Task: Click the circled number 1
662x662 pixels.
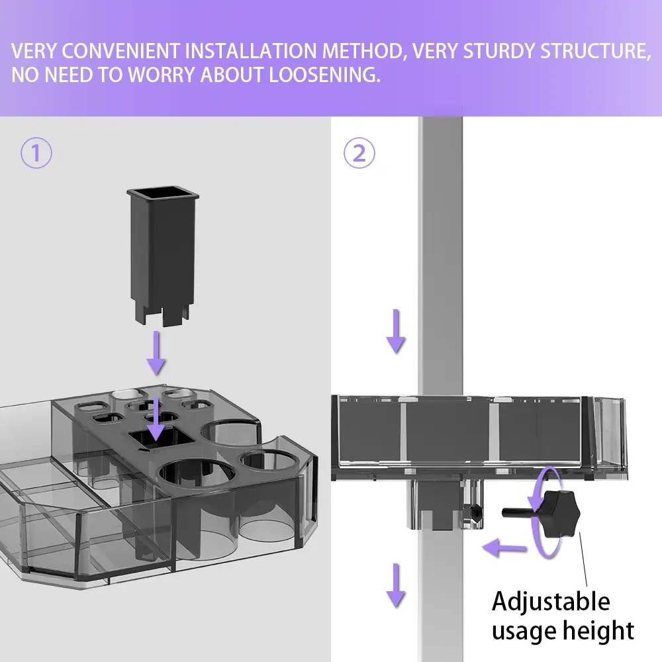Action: (36, 154)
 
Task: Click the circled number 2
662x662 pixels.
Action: (359, 154)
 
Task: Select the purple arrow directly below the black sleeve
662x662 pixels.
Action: (156, 352)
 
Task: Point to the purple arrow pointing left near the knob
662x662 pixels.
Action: (503, 547)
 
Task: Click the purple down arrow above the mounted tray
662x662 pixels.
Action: (396, 331)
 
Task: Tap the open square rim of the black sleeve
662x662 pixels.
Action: (163, 194)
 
